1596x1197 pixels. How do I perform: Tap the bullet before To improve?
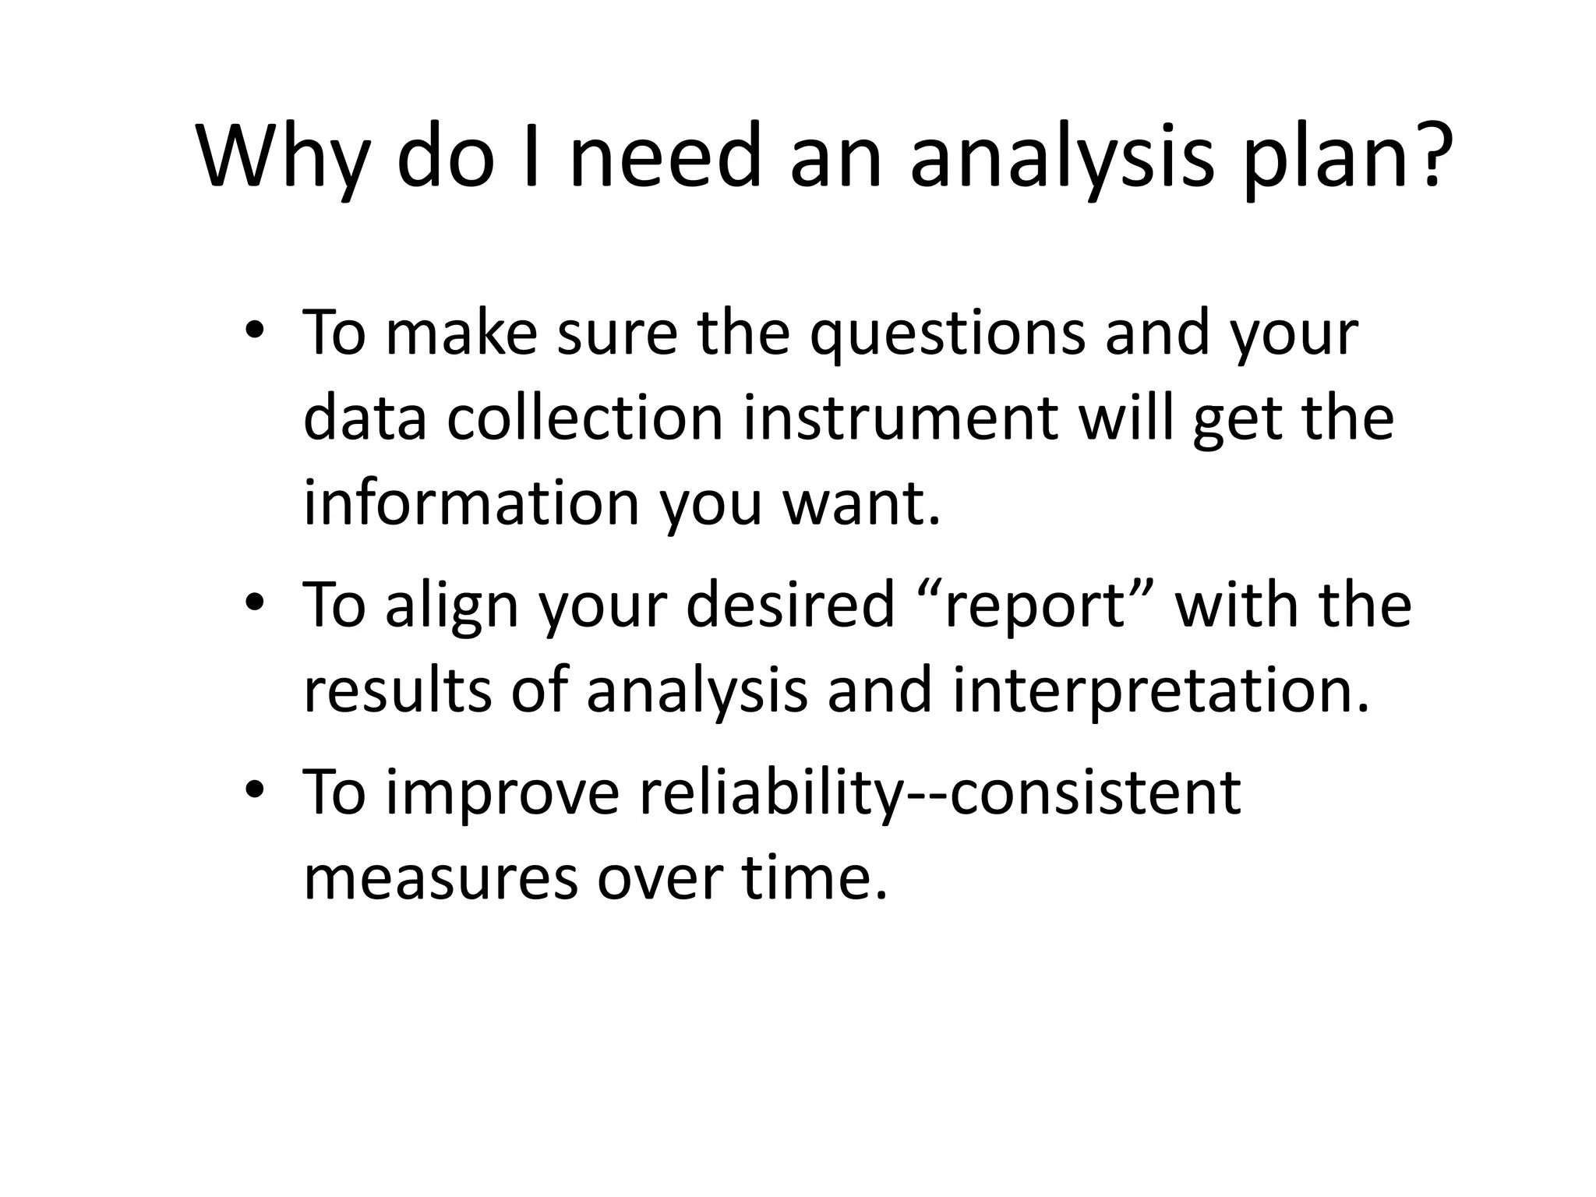(254, 791)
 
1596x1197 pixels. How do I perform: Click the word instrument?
(901, 418)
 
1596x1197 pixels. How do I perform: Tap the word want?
(860, 504)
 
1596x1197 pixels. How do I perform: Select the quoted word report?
(1036, 606)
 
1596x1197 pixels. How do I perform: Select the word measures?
(441, 878)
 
